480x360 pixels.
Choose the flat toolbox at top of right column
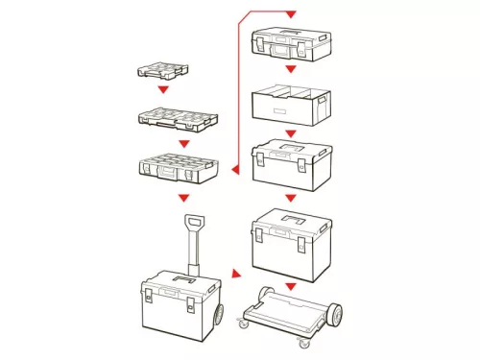point(291,41)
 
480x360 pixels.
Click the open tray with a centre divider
point(291,105)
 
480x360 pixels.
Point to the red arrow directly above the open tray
point(291,70)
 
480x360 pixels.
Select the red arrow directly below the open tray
point(291,133)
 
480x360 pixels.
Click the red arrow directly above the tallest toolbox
point(291,198)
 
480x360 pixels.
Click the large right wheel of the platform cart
point(334,315)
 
